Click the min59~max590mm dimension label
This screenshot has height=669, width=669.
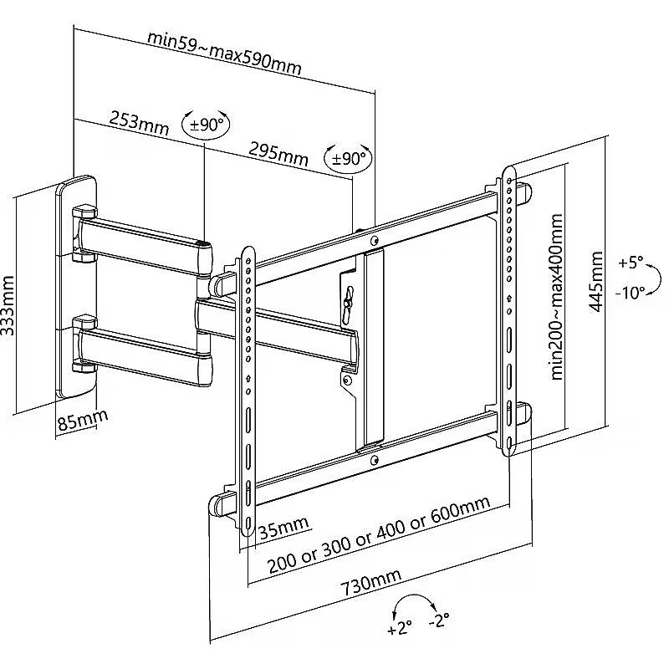tap(224, 53)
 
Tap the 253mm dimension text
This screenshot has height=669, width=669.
tap(139, 122)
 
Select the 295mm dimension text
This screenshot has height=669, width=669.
tap(278, 154)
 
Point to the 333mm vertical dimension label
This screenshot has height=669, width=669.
tap(8, 305)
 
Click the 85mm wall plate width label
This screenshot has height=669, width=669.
tap(82, 421)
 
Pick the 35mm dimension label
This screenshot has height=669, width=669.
tap(283, 528)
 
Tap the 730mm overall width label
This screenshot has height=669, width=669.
tap(371, 582)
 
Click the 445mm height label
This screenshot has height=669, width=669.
tap(595, 282)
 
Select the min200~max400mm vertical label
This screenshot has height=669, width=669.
tap(556, 297)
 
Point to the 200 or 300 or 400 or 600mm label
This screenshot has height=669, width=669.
tap(379, 535)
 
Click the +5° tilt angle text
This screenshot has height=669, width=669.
tap(631, 263)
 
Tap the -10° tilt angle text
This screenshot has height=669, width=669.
tap(630, 293)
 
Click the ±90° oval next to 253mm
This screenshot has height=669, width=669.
tap(206, 124)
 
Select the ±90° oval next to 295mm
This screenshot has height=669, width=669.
tap(348, 158)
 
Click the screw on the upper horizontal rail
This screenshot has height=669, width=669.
tap(375, 241)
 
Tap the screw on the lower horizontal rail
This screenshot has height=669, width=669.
tap(375, 460)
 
